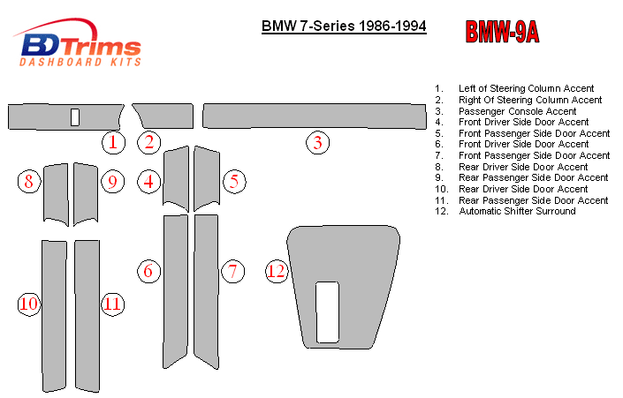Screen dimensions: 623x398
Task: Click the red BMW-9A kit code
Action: (502, 32)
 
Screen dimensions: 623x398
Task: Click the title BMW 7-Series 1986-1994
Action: (344, 26)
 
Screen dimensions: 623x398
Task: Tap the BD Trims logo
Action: (78, 42)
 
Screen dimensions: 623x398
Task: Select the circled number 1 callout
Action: (113, 142)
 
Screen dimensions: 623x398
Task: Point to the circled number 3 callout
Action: (318, 142)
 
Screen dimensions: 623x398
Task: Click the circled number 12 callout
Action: (277, 272)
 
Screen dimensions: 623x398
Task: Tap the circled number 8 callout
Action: (29, 182)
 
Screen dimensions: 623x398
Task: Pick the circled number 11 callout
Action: (113, 304)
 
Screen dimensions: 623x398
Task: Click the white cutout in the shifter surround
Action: (327, 312)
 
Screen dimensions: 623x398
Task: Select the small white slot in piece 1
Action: (75, 117)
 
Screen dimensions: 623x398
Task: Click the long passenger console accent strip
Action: (315, 116)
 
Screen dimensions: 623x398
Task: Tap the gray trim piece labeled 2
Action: (165, 116)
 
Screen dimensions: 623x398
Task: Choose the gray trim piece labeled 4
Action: (176, 178)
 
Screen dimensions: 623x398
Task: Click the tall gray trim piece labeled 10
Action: (55, 316)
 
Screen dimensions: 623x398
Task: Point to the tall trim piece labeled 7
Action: (206, 291)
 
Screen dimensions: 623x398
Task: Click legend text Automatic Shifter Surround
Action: (517, 211)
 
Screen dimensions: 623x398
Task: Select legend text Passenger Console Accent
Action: (517, 111)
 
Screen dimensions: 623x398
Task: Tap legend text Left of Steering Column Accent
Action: (526, 88)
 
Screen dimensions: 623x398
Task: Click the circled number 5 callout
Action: (234, 182)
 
